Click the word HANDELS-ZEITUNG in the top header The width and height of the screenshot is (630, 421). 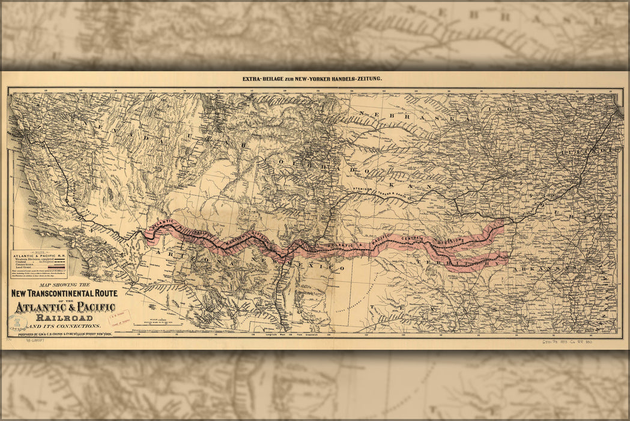(358, 79)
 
